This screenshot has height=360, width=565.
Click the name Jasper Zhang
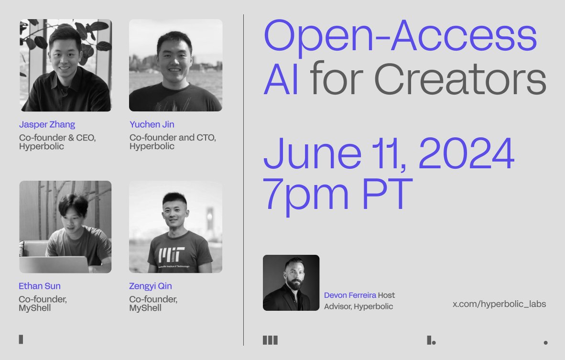coord(47,125)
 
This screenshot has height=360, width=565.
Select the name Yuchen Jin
coord(152,125)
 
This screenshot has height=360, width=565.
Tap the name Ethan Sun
coord(39,286)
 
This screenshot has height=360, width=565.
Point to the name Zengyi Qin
coord(150,286)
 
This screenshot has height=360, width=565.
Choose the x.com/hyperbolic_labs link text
coord(499,304)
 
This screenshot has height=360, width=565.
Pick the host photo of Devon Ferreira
coord(291,283)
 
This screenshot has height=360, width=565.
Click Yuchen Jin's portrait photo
coord(175,65)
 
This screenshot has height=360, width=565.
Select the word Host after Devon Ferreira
coord(386,295)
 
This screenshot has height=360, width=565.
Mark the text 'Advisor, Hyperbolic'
coord(359,306)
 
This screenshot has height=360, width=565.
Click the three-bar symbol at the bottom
coord(270,340)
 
